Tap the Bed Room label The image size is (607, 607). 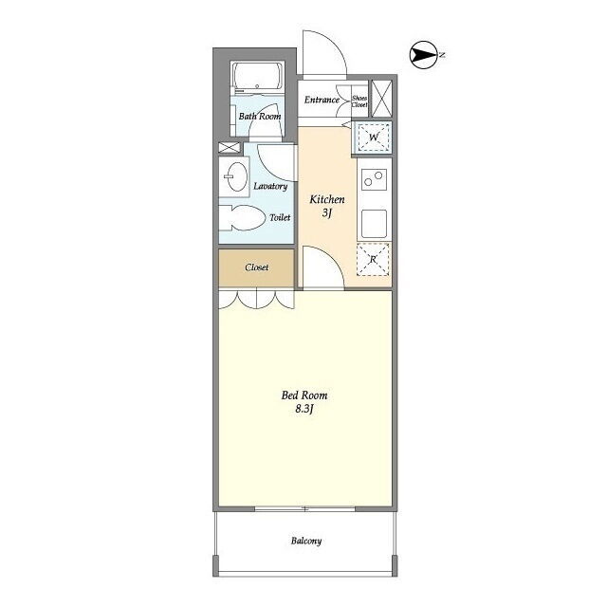click(304, 395)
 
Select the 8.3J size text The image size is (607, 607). click(304, 409)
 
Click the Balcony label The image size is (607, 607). click(306, 541)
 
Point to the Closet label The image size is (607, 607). click(257, 267)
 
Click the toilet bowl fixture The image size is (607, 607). click(240, 218)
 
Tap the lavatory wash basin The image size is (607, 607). click(236, 177)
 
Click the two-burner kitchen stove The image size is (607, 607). click(374, 179)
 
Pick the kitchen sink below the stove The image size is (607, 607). click(374, 224)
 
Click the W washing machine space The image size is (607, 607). click(374, 137)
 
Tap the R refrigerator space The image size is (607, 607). click(373, 259)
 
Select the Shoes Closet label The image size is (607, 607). click(359, 101)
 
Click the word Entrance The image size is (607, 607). click(322, 100)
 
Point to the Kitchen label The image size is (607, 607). click(327, 199)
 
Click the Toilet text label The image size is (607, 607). click(280, 217)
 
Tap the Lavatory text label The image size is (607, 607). click(270, 186)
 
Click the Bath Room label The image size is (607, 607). click(260, 116)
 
